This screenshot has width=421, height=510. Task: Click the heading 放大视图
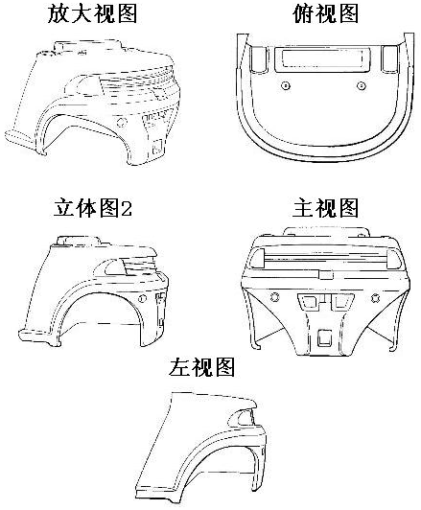point(92,14)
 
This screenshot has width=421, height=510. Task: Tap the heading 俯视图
point(325,14)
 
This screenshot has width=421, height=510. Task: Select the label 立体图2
point(93,208)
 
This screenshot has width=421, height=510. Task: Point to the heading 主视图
point(325,208)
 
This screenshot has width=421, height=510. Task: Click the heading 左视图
point(201,367)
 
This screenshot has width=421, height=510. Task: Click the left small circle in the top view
point(286,86)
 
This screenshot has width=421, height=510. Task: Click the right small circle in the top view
point(362,86)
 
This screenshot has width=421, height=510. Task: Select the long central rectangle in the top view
point(322,59)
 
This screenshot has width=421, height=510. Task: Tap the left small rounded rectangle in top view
point(258,58)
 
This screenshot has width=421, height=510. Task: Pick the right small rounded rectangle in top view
point(389,58)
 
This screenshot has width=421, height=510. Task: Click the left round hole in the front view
point(275,297)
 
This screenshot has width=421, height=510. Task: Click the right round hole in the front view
point(375,297)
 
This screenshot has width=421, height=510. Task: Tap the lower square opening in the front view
point(324,337)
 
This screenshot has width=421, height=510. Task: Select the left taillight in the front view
point(259,259)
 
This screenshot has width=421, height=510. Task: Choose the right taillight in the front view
point(394,259)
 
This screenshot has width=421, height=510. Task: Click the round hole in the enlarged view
point(122,123)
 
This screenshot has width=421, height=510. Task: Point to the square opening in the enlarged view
point(158,147)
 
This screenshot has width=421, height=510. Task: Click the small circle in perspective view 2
point(142,298)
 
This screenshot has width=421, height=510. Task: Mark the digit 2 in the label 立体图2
point(127,209)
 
